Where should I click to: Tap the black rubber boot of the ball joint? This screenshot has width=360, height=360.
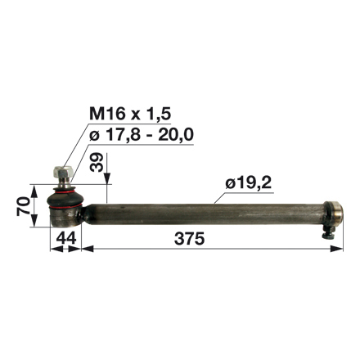coord(65,197)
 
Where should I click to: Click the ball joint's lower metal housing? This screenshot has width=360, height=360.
coord(65,215)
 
